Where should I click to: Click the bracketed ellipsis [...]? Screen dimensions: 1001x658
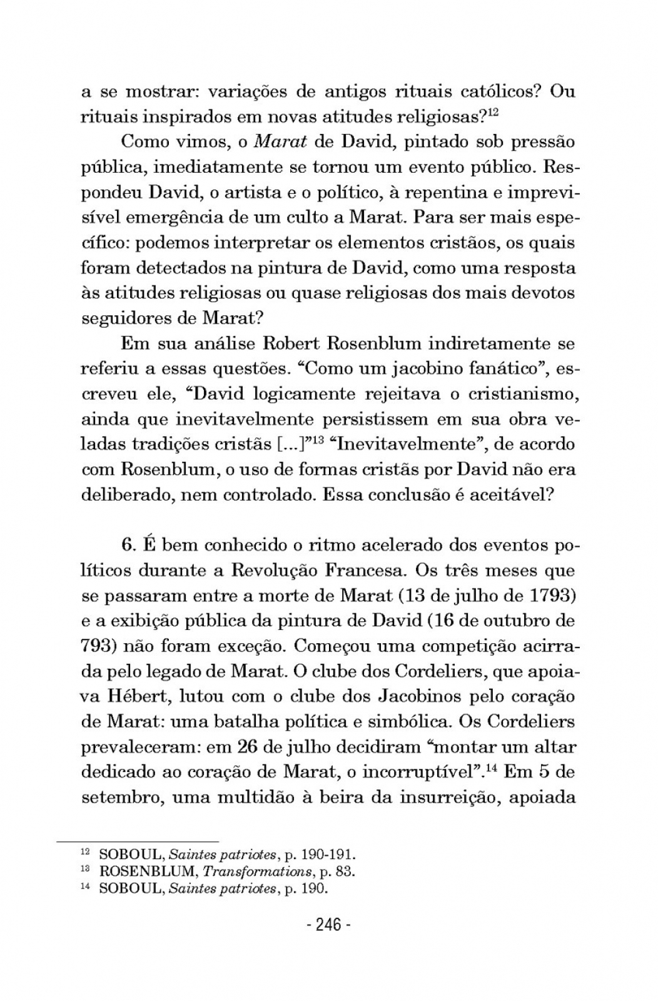coord(290,444)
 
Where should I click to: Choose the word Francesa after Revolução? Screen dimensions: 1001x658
coord(366,571)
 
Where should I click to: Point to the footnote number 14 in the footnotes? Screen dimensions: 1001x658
coord(88,887)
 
